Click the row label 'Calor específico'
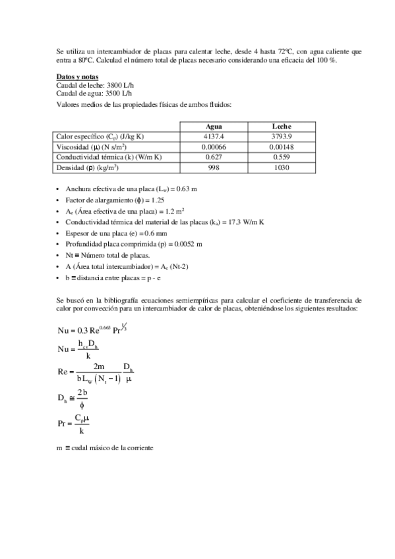click(x=100, y=136)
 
